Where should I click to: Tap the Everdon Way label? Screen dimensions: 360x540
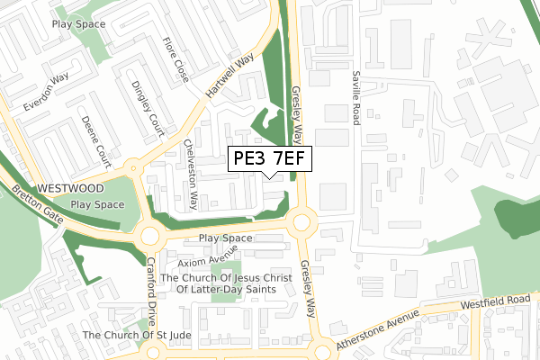pos(46,91)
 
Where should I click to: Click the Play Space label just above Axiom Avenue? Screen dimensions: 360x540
pos(225,238)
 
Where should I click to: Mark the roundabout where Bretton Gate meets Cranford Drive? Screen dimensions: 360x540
pos(149,238)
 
